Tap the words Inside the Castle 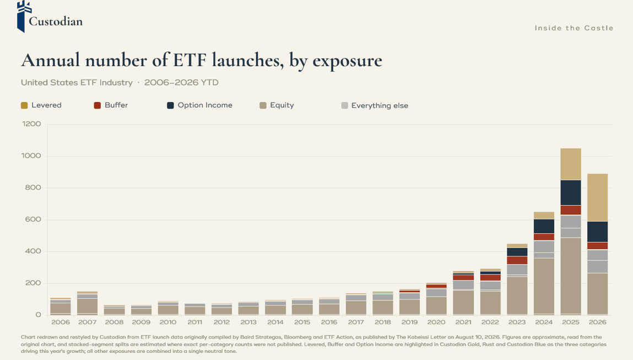point(574,28)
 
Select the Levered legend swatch point(24,105)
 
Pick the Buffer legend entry point(111,105)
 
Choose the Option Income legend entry point(199,105)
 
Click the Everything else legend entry point(375,105)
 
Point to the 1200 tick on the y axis point(31,124)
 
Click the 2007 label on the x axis point(87,322)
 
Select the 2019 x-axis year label point(409,322)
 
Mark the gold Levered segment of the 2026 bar point(598,197)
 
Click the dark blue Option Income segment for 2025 point(571,193)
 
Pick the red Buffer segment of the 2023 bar point(517,260)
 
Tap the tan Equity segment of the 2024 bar point(544,286)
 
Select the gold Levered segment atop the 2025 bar point(571,164)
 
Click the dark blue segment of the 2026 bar point(598,232)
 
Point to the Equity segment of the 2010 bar point(168,310)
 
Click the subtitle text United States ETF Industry point(77,83)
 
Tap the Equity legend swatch point(263,105)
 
